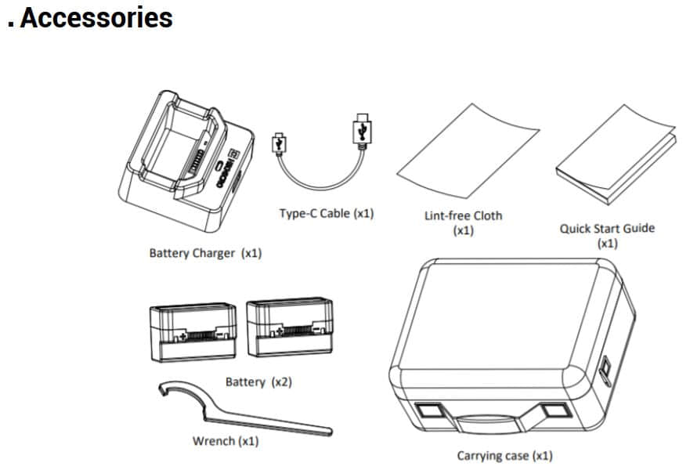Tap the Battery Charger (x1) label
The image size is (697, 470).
205,253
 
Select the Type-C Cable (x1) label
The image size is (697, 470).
327,213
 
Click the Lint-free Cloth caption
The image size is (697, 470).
463,222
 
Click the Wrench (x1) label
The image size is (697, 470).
226,441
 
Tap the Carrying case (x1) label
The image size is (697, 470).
504,455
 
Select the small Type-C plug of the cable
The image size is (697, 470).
278,144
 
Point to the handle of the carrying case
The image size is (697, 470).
486,421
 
